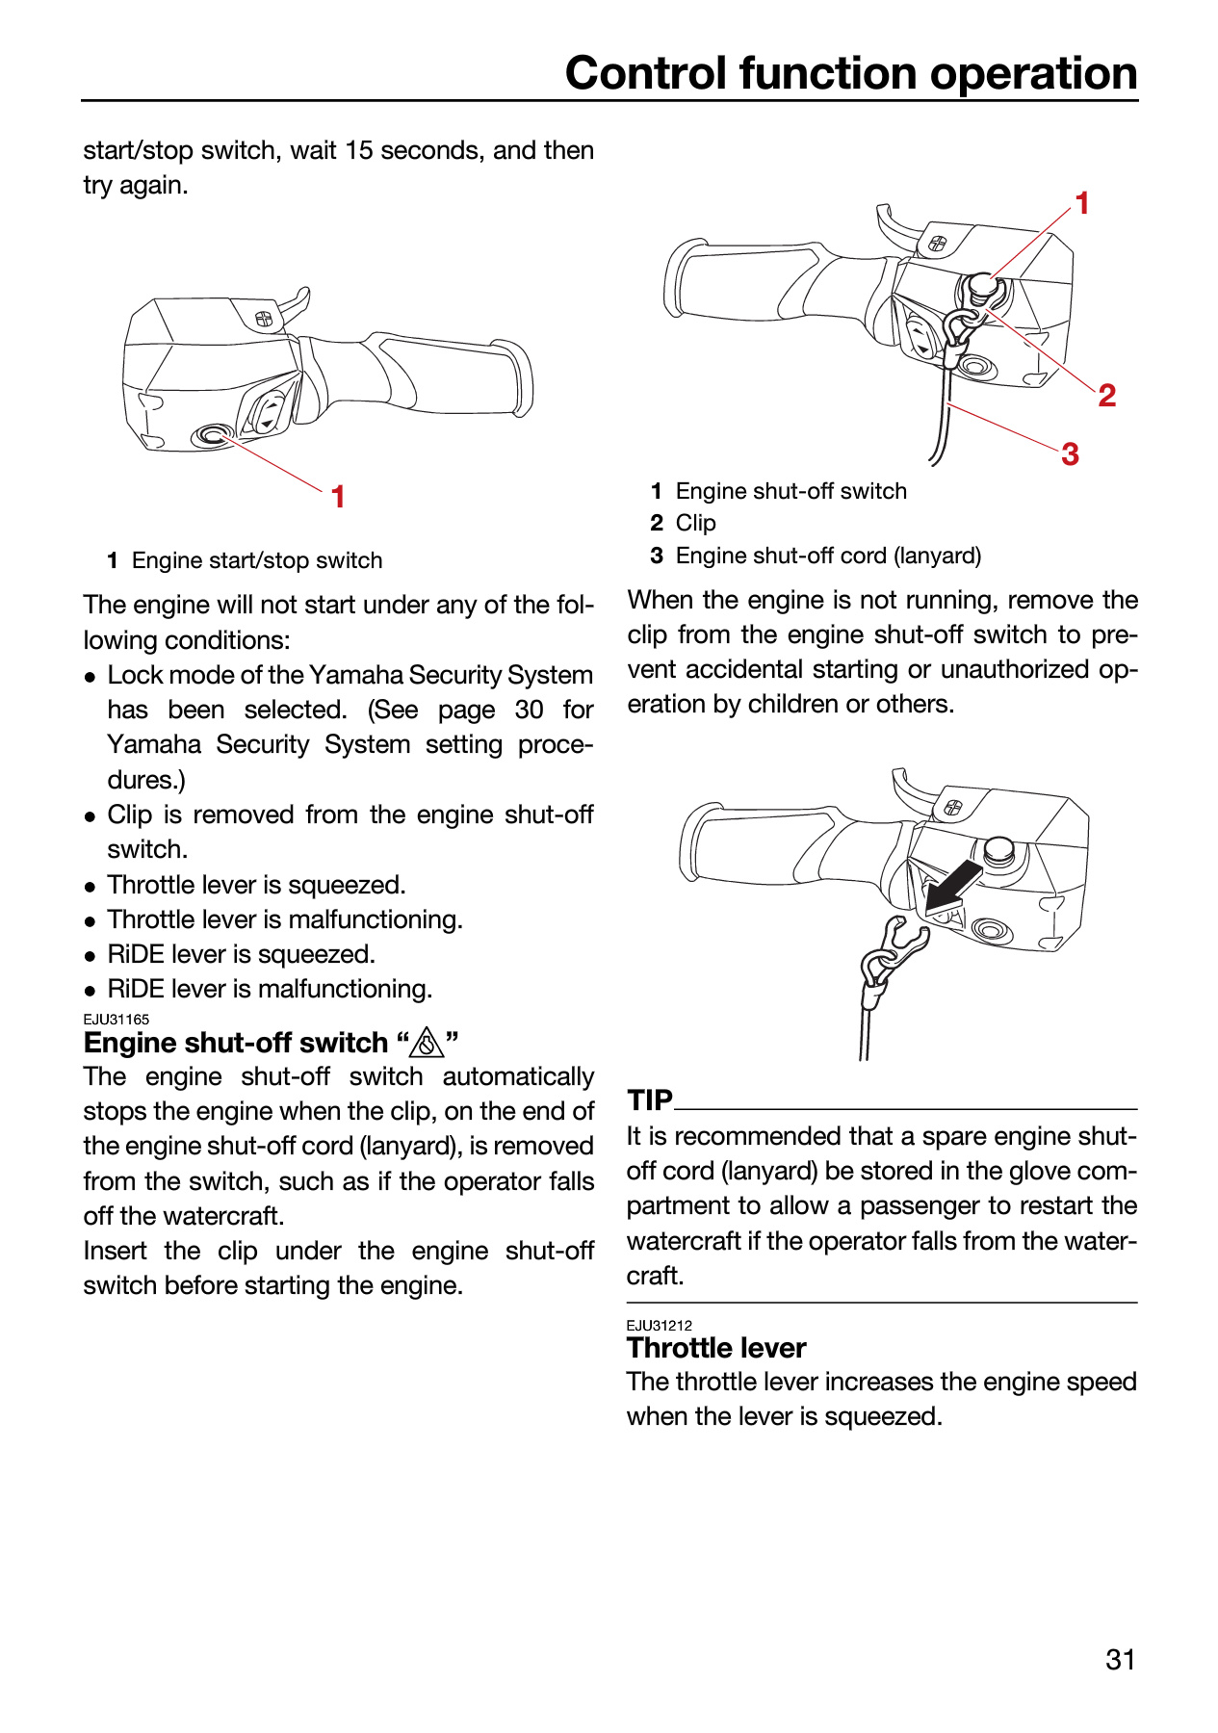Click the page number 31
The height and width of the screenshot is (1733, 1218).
(x=1121, y=1660)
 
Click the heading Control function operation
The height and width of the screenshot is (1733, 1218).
(x=851, y=73)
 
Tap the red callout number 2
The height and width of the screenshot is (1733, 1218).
(x=1107, y=395)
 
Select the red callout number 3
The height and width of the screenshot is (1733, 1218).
(x=1070, y=453)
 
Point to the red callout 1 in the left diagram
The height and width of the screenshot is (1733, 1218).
(x=338, y=497)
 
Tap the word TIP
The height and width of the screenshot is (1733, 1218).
(x=650, y=1099)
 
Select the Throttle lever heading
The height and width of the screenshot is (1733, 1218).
(x=716, y=1348)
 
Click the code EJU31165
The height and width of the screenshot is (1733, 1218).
(x=117, y=1020)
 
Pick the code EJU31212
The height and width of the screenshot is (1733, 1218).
(x=660, y=1326)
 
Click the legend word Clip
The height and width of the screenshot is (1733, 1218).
(x=696, y=523)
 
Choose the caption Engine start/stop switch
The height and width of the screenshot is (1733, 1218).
(x=257, y=560)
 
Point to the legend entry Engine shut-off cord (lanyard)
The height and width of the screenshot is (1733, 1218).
(x=829, y=556)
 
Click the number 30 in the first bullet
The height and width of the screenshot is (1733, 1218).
(x=529, y=710)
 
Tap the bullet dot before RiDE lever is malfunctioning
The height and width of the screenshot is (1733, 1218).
(x=90, y=990)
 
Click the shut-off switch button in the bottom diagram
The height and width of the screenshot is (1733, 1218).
(x=998, y=850)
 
